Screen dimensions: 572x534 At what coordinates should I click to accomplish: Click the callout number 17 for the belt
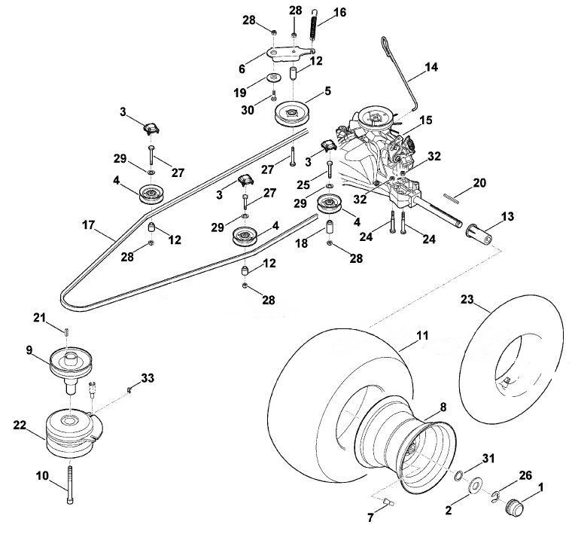pos(88,225)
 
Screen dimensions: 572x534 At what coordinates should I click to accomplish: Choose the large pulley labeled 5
pos(292,114)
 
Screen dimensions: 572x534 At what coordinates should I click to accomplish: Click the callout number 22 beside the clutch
pos(20,426)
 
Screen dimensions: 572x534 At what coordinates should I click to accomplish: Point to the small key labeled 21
pos(67,332)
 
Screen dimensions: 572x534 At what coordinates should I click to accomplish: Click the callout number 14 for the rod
pos(431,67)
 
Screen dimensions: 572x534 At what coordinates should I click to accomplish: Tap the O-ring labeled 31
pos(459,475)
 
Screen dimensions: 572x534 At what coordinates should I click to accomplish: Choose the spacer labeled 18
pos(330,228)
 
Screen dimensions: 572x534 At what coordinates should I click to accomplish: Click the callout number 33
pos(148,378)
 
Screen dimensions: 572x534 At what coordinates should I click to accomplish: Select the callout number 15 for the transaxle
pos(426,120)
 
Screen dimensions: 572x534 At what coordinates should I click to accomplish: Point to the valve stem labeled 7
pos(389,502)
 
